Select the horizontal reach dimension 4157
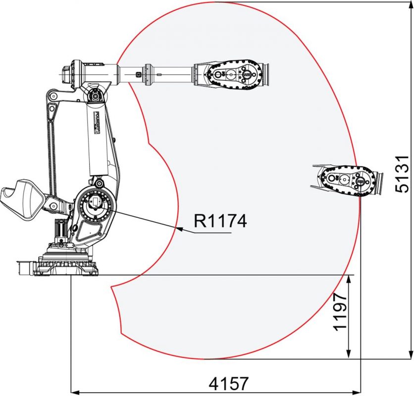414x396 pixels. click(x=228, y=384)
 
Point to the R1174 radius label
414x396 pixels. click(x=219, y=221)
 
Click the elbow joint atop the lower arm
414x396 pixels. click(x=94, y=94)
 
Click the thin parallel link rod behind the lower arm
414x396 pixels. click(x=50, y=144)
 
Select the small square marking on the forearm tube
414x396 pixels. click(x=139, y=75)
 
